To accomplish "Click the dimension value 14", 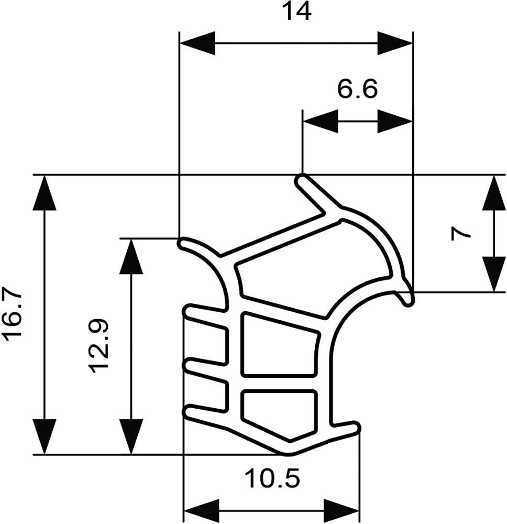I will pyautogui.click(x=296, y=11).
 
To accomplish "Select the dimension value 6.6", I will pyautogui.click(x=357, y=90).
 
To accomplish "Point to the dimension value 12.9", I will pyautogui.click(x=99, y=346).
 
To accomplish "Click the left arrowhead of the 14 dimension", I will pyautogui.click(x=197, y=43).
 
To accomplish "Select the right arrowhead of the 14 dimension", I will pyautogui.click(x=395, y=43).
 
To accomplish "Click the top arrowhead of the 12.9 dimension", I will pyautogui.click(x=131, y=257).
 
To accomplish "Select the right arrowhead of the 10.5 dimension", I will pyautogui.click(x=343, y=510).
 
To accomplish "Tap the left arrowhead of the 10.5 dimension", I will pyautogui.click(x=201, y=510).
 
